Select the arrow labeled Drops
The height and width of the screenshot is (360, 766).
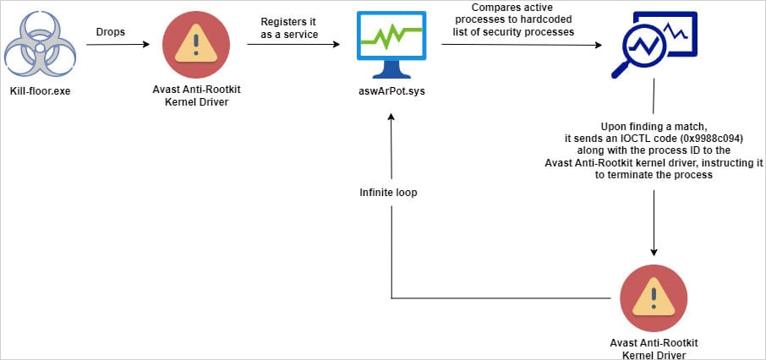(113, 45)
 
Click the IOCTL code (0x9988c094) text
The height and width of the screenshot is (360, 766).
(654, 137)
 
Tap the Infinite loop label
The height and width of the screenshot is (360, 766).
(388, 193)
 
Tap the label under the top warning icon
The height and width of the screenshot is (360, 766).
(194, 96)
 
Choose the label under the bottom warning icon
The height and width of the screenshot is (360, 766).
(653, 348)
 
